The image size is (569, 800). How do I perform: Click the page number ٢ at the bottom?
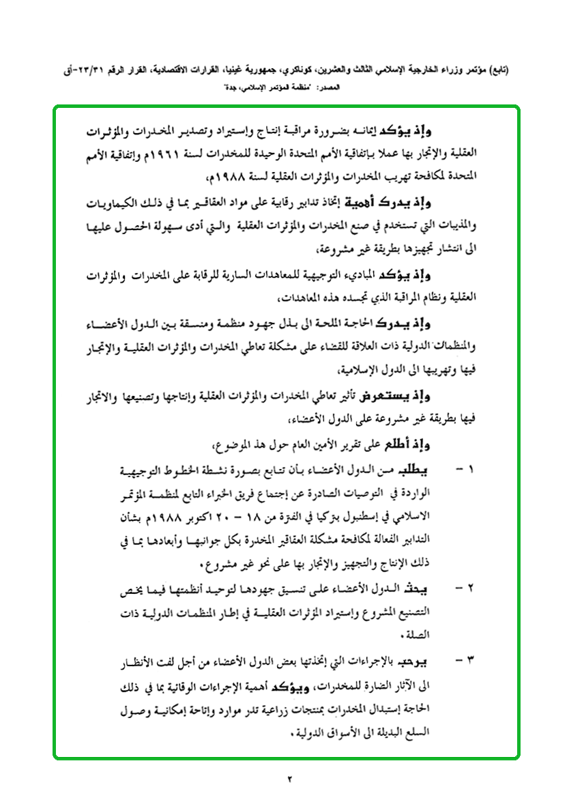pyautogui.click(x=289, y=778)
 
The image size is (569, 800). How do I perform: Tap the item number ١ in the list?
pyautogui.click(x=469, y=470)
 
